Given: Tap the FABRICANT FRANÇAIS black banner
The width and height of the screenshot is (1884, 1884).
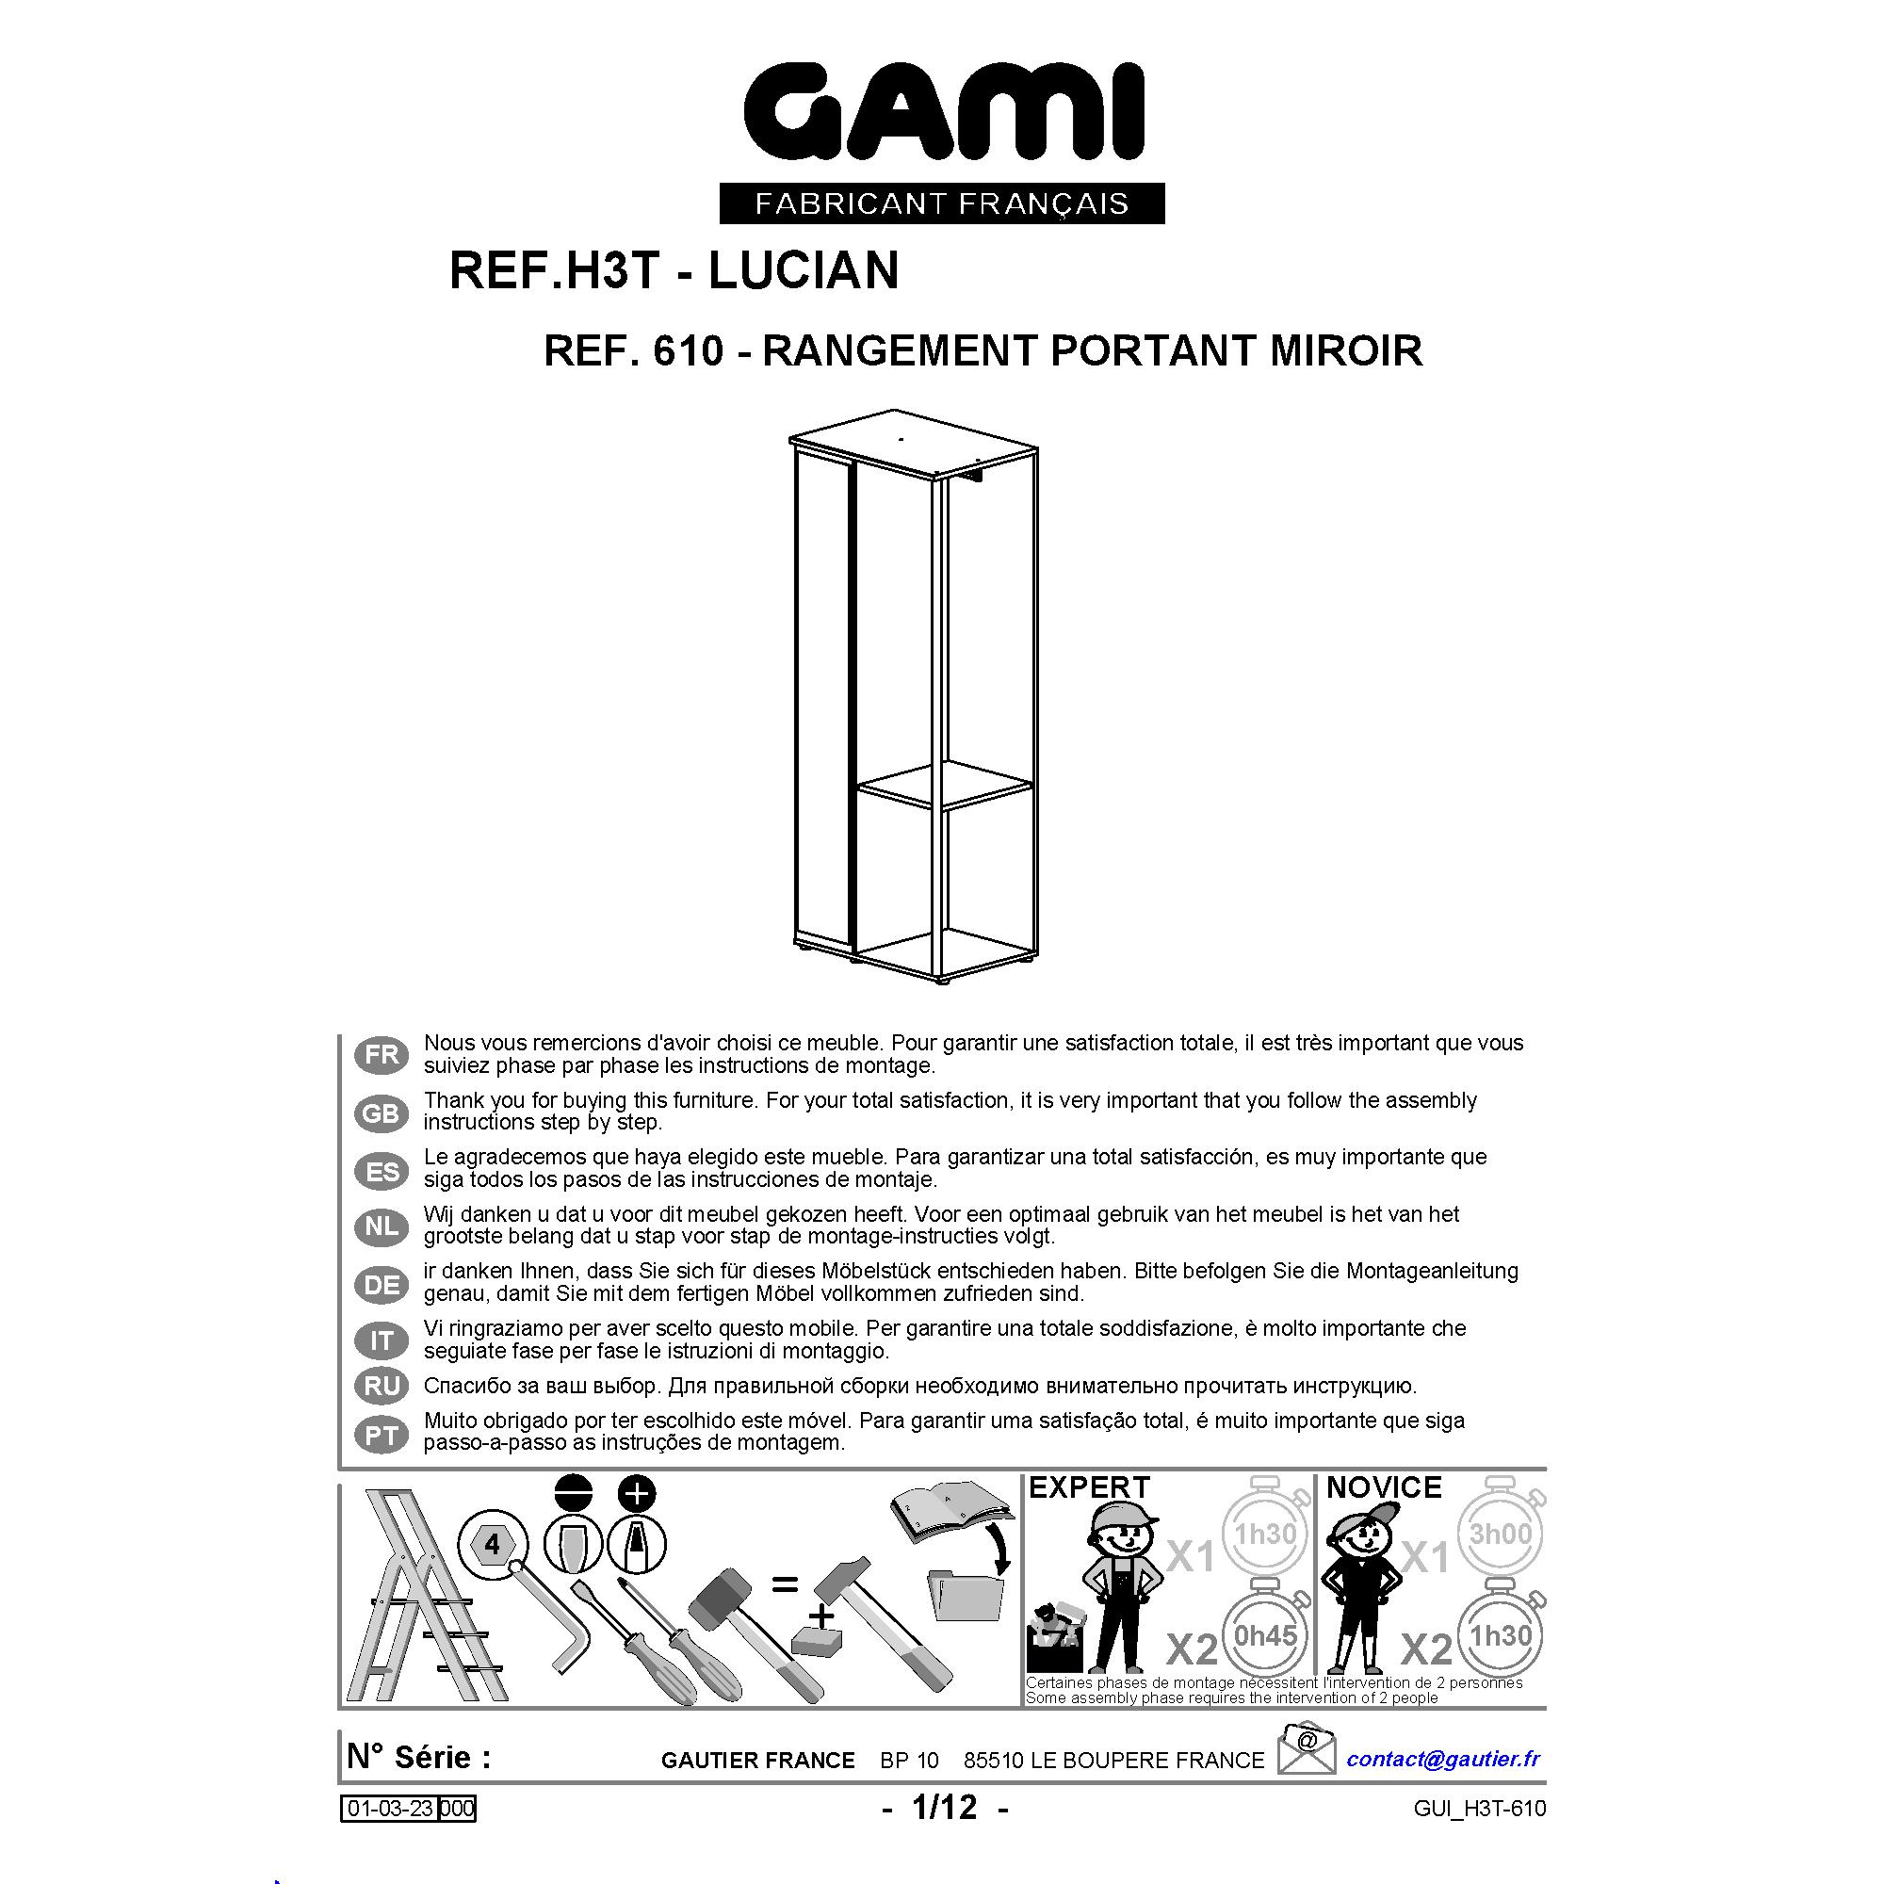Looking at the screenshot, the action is (x=942, y=203).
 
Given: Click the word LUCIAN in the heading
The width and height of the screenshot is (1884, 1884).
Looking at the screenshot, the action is (x=804, y=270).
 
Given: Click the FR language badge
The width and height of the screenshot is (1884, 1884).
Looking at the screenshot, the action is (x=382, y=1054).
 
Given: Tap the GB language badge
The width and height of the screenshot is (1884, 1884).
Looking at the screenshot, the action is (x=382, y=1113).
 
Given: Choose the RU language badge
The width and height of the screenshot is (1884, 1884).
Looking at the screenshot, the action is (x=382, y=1386).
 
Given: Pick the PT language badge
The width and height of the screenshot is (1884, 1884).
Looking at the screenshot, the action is (x=382, y=1436).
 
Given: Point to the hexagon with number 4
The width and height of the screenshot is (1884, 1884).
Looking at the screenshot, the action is (x=493, y=1545).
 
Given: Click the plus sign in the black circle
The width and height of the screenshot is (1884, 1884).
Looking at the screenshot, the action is (x=637, y=1493).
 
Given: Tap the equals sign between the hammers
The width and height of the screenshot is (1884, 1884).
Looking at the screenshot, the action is (x=784, y=1584).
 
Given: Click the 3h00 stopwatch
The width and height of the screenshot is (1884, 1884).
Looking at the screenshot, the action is (x=1502, y=1532).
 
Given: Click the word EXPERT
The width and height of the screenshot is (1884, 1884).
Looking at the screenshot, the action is (x=1089, y=1487).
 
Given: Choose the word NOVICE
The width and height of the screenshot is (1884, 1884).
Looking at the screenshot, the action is (x=1384, y=1487).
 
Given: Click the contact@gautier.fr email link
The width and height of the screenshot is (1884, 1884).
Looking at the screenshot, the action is (x=1443, y=1758).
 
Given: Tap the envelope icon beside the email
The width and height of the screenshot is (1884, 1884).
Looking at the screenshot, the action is (x=1307, y=1748).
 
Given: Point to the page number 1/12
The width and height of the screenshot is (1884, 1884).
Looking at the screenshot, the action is (x=944, y=1807).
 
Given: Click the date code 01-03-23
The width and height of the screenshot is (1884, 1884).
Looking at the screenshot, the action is (x=390, y=1809).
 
